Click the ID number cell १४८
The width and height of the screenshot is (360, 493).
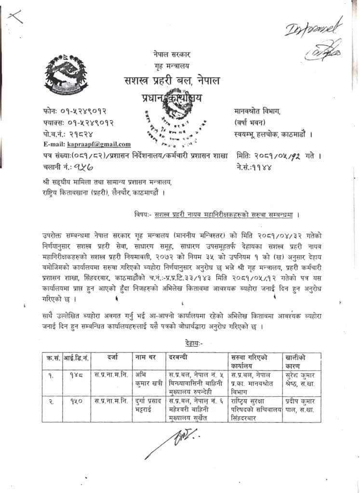73,375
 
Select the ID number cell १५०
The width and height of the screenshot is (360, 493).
73,401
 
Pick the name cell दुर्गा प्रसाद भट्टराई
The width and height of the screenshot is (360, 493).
147,405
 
